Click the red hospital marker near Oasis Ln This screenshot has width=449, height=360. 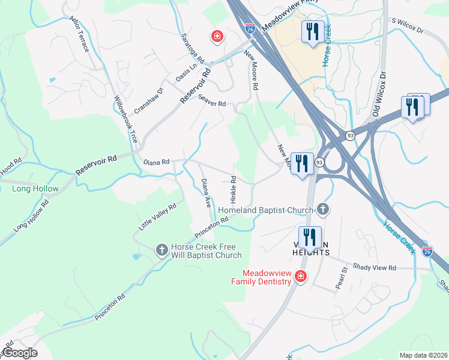(x=217, y=37)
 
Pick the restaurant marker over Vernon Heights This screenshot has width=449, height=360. (x=309, y=237)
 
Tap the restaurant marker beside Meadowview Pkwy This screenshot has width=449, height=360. (x=312, y=31)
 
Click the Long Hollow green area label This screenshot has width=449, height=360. (x=35, y=188)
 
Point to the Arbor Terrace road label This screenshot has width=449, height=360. (x=79, y=35)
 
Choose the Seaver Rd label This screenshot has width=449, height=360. (x=212, y=103)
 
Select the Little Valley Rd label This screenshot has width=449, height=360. (x=157, y=217)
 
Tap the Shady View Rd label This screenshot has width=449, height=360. (x=375, y=268)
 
